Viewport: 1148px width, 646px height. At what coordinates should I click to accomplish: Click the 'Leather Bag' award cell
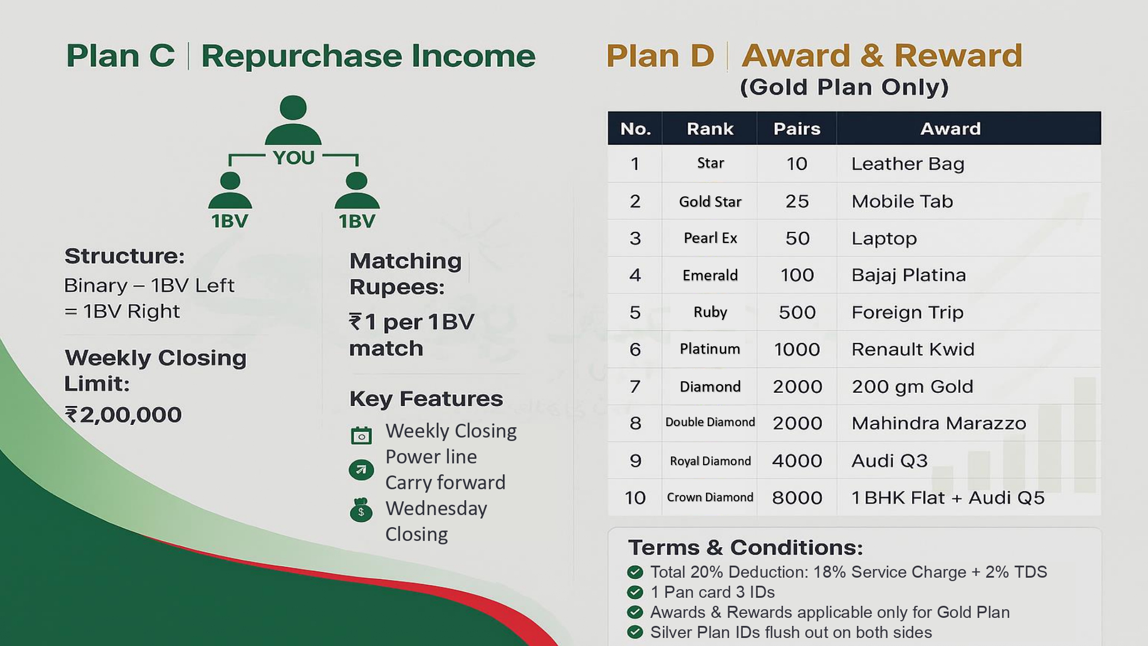(907, 164)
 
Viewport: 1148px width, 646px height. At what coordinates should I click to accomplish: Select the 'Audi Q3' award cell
(889, 461)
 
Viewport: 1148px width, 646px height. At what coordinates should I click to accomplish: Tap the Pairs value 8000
(797, 497)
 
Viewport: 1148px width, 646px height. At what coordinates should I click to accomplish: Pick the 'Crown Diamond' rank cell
(710, 497)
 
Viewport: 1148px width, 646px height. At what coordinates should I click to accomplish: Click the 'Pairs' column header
(797, 129)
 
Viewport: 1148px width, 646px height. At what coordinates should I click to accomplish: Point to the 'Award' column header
(951, 129)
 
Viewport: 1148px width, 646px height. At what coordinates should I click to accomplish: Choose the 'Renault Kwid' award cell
(913, 349)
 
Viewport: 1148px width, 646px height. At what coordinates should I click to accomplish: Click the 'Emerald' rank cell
(710, 275)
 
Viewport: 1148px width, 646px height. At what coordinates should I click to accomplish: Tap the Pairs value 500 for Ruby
(797, 312)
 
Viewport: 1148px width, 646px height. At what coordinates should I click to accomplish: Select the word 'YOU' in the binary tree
(293, 157)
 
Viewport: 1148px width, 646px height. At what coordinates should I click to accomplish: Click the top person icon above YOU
(293, 119)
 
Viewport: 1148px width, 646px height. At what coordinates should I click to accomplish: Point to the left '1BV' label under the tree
(230, 221)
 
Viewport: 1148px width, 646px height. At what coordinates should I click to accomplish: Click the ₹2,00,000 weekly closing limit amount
(123, 415)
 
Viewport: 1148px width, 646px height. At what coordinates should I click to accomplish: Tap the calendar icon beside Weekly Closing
(361, 435)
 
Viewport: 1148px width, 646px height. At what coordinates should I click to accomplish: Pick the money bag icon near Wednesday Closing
(361, 509)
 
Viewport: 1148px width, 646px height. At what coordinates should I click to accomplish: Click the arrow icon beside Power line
(361, 470)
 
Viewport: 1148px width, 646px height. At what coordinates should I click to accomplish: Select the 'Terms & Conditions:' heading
(745, 548)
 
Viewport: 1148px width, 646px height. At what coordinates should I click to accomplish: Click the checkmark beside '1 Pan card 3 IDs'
(635, 592)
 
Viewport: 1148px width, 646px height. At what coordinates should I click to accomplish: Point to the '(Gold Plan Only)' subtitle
(844, 87)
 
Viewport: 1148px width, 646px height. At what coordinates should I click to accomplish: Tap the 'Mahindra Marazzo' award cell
(938, 423)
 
